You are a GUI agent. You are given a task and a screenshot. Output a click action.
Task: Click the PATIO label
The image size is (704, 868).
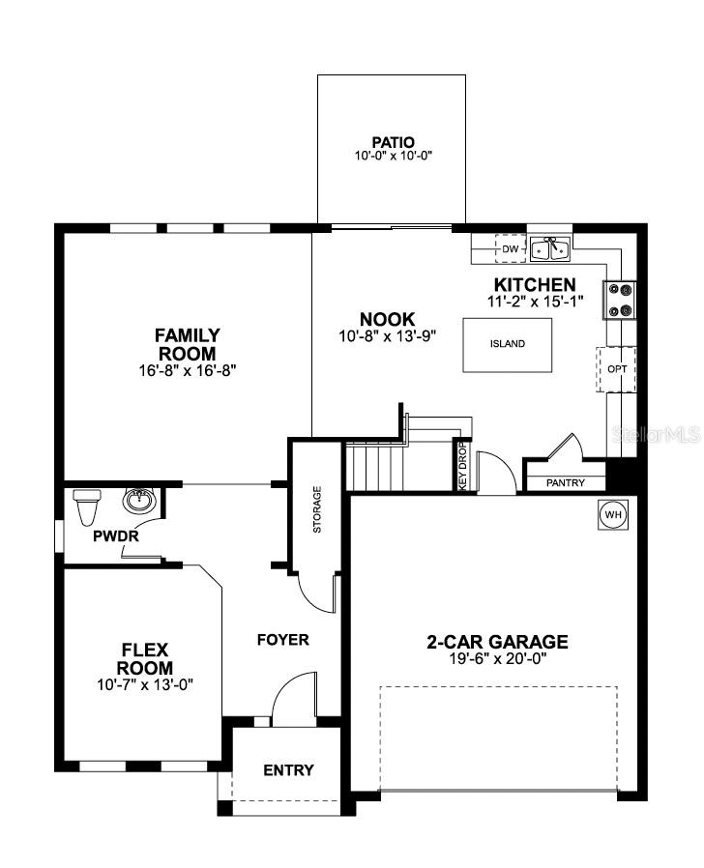point(392,142)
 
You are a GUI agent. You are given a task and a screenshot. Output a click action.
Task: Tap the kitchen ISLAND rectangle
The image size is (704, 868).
point(507,344)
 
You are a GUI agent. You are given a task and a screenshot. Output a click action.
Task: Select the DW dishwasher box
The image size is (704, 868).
point(511,249)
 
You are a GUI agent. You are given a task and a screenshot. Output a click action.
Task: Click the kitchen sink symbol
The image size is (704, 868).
point(549,248)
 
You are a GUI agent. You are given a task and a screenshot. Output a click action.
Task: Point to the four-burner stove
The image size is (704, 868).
point(620,299)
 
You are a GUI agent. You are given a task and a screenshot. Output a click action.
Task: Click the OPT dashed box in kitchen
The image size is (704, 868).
point(616,369)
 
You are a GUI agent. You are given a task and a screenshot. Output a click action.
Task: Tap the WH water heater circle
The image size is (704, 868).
point(612,514)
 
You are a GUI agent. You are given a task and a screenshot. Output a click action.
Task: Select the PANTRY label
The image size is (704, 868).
point(565,482)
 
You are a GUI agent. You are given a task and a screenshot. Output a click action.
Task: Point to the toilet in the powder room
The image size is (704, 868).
point(87,505)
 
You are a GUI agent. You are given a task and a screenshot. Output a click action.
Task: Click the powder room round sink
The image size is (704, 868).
point(139,502)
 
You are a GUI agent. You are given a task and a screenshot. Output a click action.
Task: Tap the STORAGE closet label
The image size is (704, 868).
point(317,509)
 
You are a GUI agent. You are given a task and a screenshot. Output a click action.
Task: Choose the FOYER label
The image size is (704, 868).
point(282,640)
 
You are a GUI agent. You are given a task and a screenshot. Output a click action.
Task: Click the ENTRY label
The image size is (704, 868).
point(288,770)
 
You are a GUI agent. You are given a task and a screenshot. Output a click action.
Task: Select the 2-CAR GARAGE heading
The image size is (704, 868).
point(497,642)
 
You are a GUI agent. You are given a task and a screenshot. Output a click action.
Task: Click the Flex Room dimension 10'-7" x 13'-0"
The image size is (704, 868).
point(145,684)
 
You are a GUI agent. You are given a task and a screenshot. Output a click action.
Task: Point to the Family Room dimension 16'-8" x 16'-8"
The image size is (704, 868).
point(187,369)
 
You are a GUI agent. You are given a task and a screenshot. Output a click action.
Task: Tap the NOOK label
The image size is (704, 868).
point(387,319)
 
